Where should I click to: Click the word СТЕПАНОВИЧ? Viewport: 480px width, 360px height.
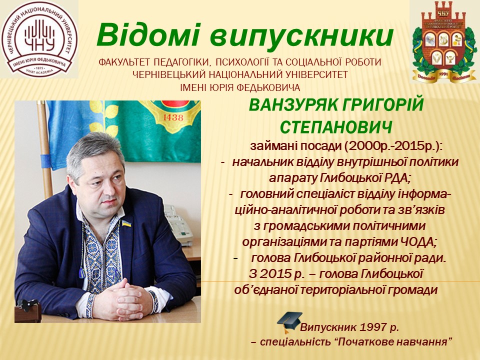pos(335,127)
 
